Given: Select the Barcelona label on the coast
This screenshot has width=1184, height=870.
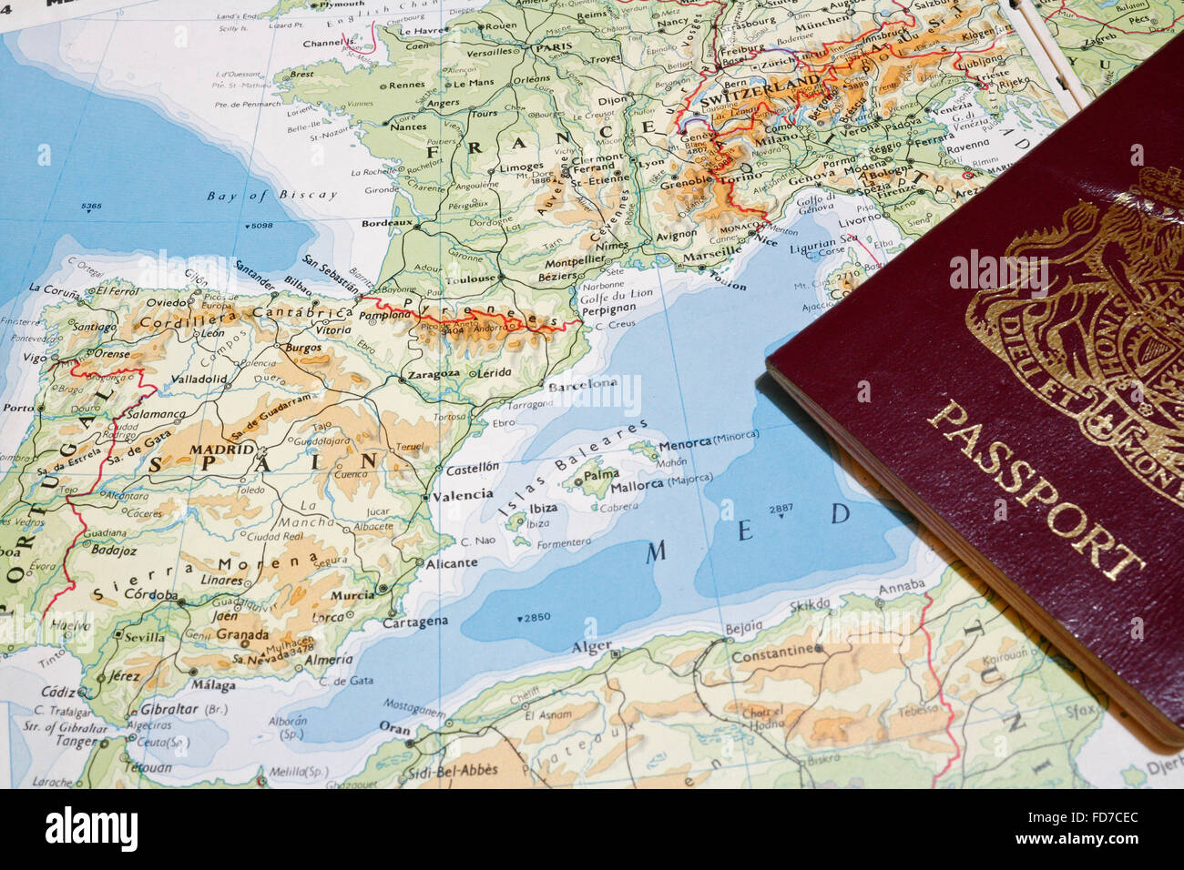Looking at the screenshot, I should click(x=582, y=384).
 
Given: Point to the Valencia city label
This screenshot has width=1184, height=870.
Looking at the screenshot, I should click(x=462, y=496).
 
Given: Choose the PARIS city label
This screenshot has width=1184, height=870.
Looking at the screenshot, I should click(x=552, y=47).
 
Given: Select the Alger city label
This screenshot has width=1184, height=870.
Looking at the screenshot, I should click(x=591, y=646).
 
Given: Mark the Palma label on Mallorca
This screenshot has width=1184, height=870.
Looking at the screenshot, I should click(x=600, y=474).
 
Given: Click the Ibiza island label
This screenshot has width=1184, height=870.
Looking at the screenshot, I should click(x=543, y=509).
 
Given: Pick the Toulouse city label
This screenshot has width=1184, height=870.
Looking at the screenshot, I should click(x=471, y=278).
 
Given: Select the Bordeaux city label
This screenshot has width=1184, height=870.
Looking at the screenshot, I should click(x=387, y=222).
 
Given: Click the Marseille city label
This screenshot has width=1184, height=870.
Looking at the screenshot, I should click(x=711, y=251).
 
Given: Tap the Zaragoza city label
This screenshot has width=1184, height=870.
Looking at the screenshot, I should click(x=434, y=374).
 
